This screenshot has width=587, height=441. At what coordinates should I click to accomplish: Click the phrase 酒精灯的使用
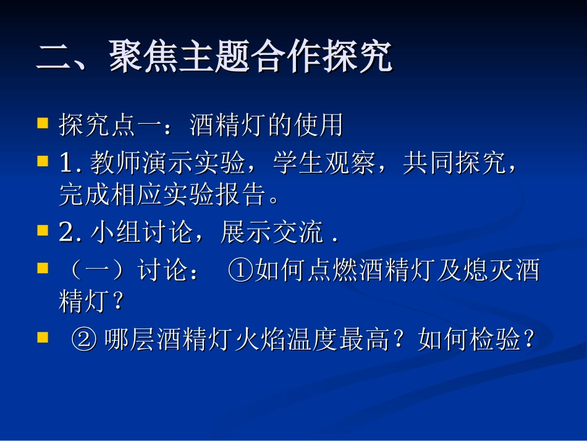pyautogui.click(x=266, y=125)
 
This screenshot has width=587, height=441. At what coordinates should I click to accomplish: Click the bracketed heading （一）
pyautogui.click(x=94, y=270)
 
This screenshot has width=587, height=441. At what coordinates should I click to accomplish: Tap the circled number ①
pyautogui.click(x=240, y=270)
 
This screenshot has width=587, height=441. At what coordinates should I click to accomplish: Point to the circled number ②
pyautogui.click(x=83, y=339)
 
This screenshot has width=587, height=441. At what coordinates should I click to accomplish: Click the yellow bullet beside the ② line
pyautogui.click(x=43, y=338)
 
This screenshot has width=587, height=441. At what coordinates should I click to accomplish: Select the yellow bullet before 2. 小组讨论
pyautogui.click(x=43, y=231)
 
